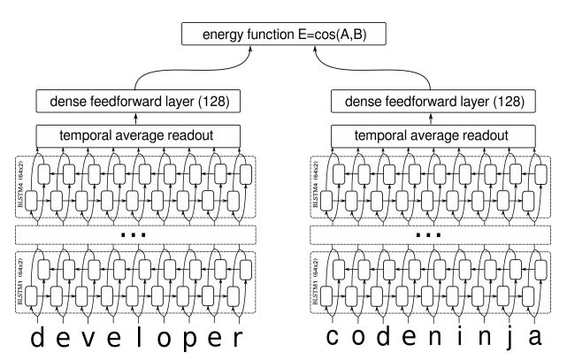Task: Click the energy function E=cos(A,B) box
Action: click(283, 35)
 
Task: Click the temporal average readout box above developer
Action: click(137, 135)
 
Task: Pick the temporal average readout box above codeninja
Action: click(430, 135)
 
